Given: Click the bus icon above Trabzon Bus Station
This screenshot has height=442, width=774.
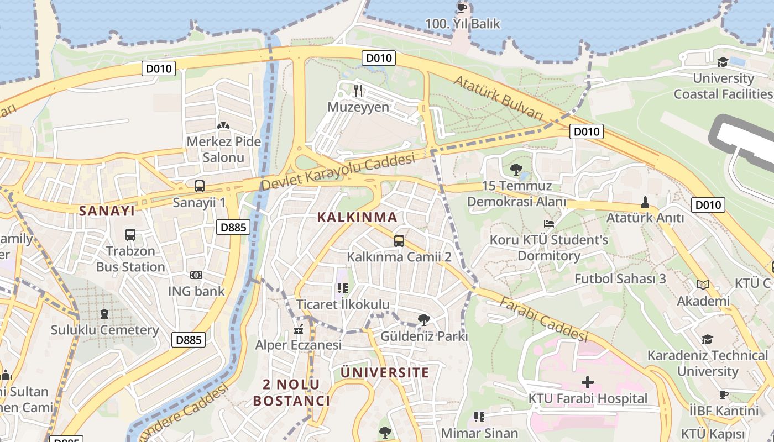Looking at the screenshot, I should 130,235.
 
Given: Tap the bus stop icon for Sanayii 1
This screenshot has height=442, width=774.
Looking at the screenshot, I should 200,186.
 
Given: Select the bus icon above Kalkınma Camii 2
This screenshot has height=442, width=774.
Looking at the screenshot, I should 399,240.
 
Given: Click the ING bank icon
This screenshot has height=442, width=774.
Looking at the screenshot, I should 196,275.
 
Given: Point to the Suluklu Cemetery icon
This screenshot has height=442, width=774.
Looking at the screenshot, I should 104,314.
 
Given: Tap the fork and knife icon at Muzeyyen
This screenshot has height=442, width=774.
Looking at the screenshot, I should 358,90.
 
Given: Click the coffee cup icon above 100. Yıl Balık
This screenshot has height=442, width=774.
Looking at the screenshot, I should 462,8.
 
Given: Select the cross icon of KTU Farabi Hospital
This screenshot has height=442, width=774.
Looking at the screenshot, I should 588,382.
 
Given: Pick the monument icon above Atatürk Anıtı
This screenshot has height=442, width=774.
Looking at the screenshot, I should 645,202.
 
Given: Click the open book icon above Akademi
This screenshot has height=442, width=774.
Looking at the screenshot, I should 703,285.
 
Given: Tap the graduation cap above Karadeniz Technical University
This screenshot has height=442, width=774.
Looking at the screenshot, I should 708,339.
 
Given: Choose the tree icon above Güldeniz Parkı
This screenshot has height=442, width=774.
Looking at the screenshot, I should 424,319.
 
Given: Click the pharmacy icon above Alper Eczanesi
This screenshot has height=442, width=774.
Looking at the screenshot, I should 299,330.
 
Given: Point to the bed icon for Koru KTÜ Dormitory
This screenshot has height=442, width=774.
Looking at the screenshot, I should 549,224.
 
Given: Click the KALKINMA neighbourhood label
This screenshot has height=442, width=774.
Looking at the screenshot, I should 357,218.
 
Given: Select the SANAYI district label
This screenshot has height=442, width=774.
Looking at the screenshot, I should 107,211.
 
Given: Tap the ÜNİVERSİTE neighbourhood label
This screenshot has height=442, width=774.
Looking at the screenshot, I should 385,372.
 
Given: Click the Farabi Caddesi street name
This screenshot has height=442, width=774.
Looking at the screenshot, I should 544,319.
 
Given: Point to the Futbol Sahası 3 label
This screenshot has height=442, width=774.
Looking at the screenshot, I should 620,278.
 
